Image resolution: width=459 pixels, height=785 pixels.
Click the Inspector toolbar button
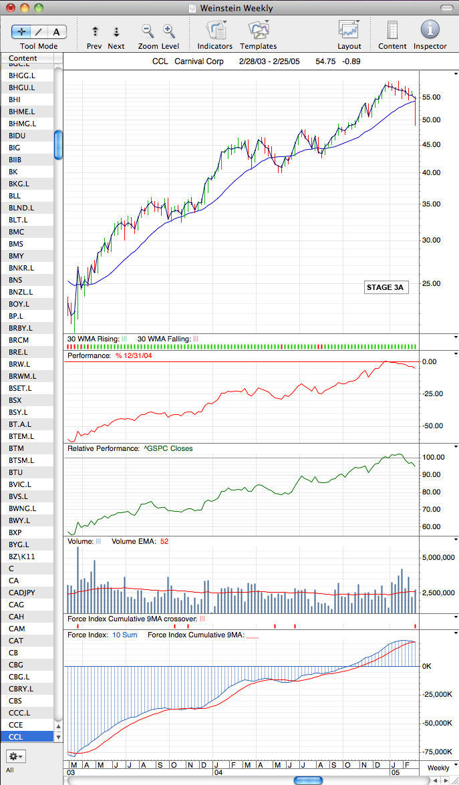[x=430, y=31]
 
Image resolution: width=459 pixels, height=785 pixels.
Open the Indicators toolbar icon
[x=215, y=31]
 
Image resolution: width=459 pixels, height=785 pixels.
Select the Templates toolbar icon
[x=259, y=31]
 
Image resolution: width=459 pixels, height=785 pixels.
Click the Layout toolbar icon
[x=349, y=31]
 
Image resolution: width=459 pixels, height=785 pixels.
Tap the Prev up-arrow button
[x=95, y=32]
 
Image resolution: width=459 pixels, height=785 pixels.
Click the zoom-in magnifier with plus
[x=168, y=31]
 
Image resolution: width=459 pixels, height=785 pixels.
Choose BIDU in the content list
[x=17, y=136]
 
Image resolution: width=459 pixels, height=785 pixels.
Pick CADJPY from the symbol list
[x=22, y=592]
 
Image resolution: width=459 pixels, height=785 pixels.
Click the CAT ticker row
[x=17, y=640]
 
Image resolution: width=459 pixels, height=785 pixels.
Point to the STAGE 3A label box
[x=385, y=287]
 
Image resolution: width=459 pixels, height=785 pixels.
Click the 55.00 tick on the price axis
[x=432, y=97]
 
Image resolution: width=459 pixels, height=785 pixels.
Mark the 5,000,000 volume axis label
[x=438, y=557]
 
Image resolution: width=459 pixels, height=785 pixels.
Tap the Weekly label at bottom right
[x=438, y=768]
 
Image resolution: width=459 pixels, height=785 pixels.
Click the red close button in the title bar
[x=11, y=8]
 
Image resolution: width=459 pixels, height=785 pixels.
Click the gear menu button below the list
[x=17, y=755]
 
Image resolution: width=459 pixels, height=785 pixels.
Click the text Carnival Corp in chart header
[x=200, y=61]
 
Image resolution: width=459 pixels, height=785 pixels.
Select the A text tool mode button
[x=57, y=32]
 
